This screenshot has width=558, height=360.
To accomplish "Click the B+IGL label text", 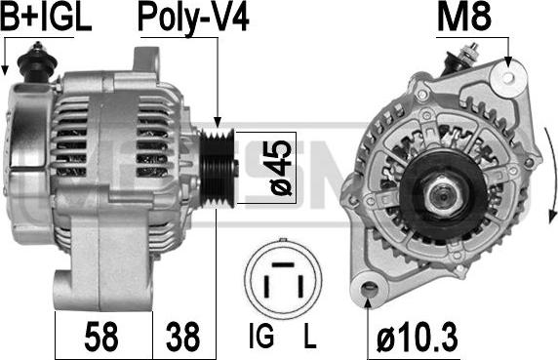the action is (46, 17).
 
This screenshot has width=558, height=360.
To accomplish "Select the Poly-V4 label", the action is (193, 19).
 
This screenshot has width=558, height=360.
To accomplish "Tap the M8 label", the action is (464, 17).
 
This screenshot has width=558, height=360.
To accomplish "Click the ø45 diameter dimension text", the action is (282, 168).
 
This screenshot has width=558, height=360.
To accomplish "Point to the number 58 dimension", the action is (101, 336).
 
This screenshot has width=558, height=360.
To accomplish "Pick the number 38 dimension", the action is (182, 336).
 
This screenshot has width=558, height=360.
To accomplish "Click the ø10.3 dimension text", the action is (418, 337).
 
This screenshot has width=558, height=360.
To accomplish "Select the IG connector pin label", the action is (261, 336).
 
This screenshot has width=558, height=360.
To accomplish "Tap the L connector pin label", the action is (310, 336).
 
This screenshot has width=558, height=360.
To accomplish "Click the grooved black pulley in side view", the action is (218, 168).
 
